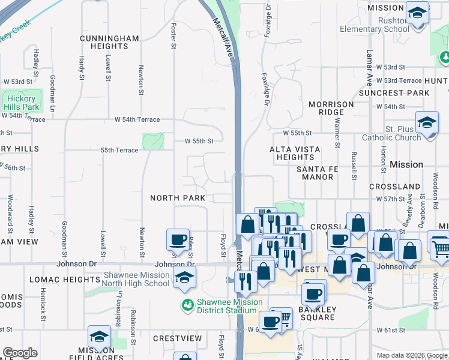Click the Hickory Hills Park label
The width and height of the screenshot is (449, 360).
(22, 103)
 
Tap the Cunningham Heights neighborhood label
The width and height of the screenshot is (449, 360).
(109, 43)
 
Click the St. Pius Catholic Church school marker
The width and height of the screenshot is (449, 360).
(427, 124)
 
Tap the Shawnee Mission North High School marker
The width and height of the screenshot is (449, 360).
(184, 277)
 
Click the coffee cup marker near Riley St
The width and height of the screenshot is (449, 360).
(178, 239)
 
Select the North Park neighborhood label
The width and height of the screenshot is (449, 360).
(178, 198)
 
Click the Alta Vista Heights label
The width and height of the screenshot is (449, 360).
(295, 153)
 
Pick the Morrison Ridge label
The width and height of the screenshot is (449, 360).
(331, 108)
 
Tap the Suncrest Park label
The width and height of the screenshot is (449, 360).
(394, 93)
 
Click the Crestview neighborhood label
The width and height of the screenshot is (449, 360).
(177, 338)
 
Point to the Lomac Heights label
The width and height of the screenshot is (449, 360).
(59, 280)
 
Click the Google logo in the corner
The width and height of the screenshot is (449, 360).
(20, 353)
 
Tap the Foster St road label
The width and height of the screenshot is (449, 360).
(173, 35)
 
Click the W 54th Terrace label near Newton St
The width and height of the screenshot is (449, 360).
(137, 119)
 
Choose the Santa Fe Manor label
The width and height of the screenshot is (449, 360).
(318, 173)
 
